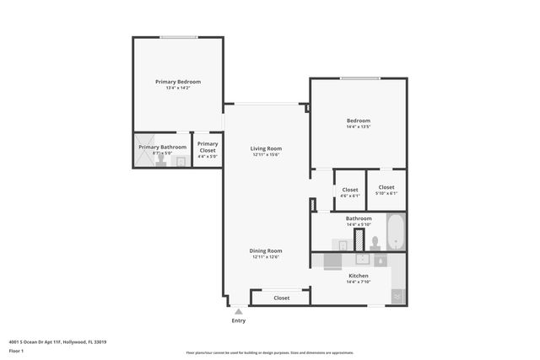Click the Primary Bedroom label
click(x=178, y=82)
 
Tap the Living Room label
click(x=266, y=148)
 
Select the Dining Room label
click(x=266, y=250)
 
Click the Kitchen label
click(x=359, y=276)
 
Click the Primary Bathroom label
click(x=162, y=148)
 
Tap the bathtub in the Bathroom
click(x=396, y=232)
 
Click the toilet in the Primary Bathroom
click(x=180, y=160)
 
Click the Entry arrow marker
click(x=239, y=311)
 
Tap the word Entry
click(x=239, y=320)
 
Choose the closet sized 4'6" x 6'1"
click(x=349, y=191)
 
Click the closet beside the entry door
click(x=281, y=298)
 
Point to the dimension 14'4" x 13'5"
click(x=359, y=128)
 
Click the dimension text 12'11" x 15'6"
click(x=266, y=155)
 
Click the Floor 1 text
click(x=16, y=351)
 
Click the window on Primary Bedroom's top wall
click(x=179, y=36)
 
